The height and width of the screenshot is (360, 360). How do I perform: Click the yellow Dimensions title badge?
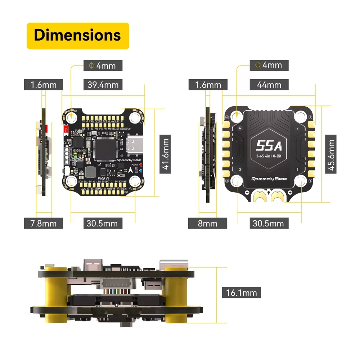(78, 36)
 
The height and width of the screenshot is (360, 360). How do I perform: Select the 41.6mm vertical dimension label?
(165, 154)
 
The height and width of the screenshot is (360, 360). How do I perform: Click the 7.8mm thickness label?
(43, 223)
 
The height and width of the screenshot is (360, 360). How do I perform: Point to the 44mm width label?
(269, 85)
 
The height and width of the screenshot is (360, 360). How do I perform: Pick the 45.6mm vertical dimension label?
(330, 154)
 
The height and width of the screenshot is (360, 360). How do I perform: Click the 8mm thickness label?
(207, 223)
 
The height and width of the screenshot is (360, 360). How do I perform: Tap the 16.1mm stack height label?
(241, 292)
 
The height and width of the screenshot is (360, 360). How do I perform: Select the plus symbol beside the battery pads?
(290, 193)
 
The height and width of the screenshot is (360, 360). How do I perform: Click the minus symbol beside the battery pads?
(247, 193)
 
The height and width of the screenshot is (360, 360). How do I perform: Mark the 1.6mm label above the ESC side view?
(208, 85)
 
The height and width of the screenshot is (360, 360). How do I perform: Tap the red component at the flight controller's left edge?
(66, 129)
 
